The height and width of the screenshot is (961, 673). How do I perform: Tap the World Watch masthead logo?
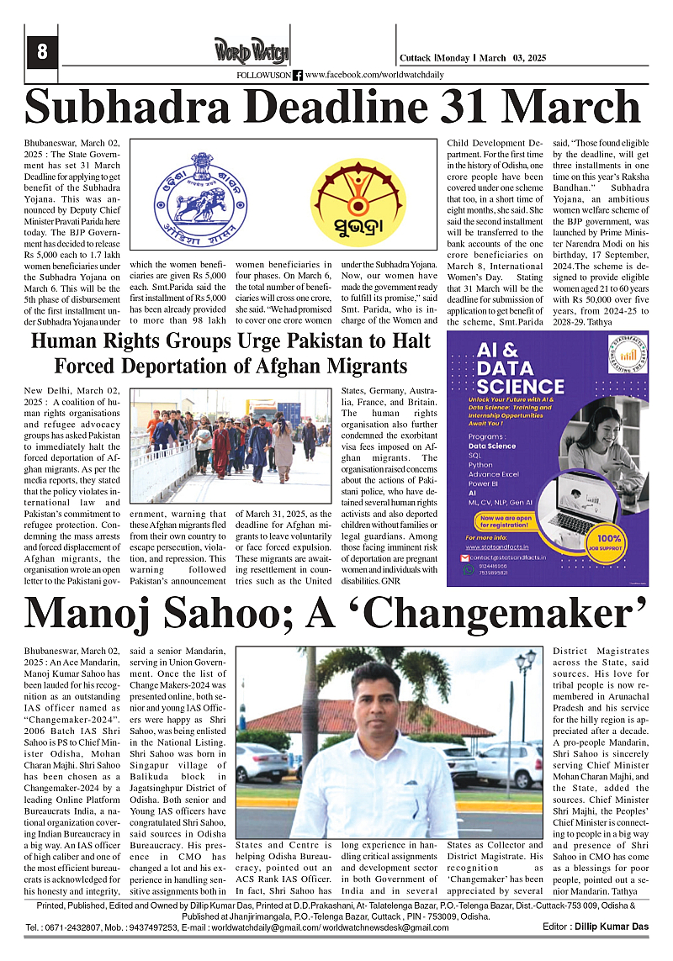pos(252,50)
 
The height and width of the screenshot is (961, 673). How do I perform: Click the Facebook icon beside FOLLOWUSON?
pos(298,76)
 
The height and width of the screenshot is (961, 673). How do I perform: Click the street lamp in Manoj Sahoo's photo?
pos(525,673)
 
